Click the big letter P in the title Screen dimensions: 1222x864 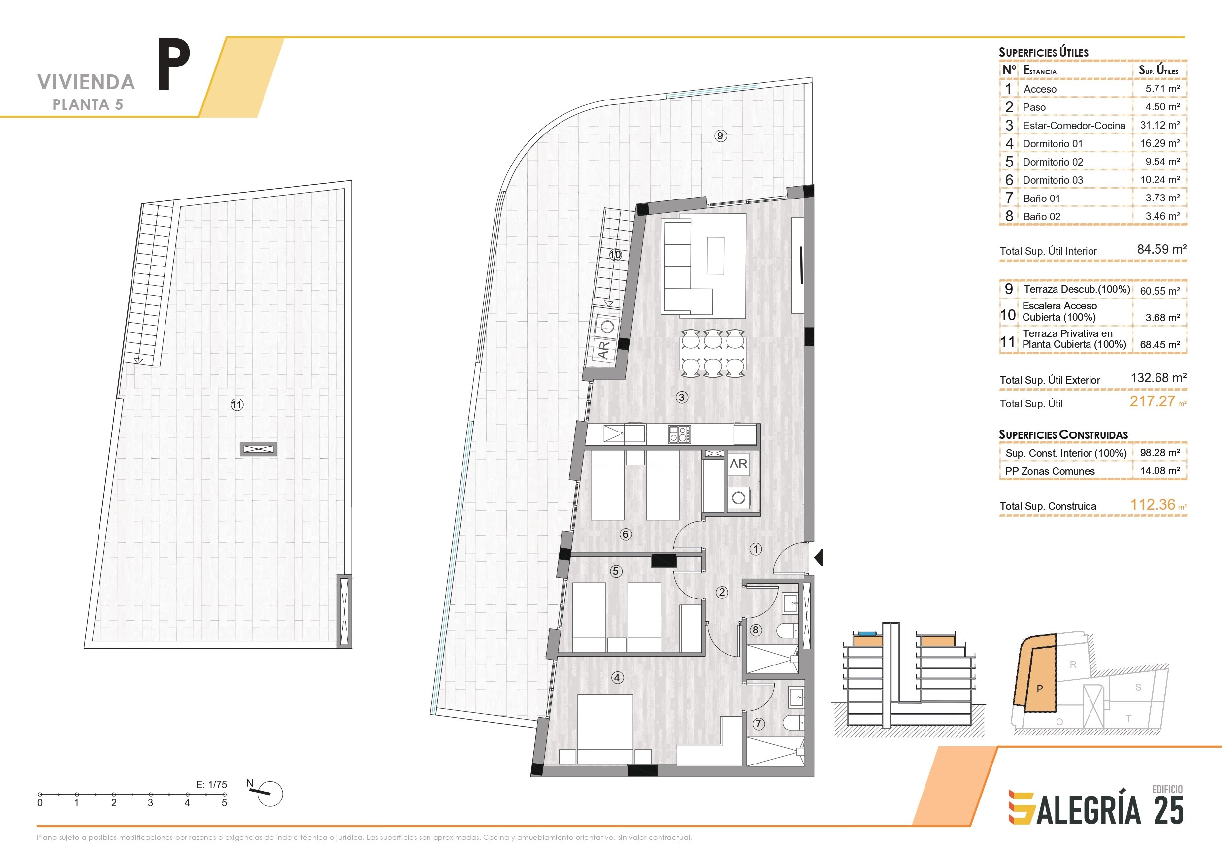coord(174,65)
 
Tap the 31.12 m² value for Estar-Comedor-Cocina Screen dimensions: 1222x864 coord(1160,125)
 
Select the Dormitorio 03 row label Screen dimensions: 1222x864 coord(1053,180)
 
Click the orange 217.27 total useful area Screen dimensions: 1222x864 coord(1152,401)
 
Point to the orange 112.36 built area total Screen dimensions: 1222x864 coord(1152,505)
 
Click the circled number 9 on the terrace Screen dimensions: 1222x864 coord(720,136)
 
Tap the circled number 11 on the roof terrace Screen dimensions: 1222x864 coord(237,404)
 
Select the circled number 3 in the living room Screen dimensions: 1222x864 coord(681,397)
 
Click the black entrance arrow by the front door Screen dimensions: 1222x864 coord(819,558)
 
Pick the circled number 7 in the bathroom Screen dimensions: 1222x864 coord(759,724)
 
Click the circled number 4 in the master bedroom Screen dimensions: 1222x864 coord(617,678)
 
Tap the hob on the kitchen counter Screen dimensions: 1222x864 coord(680,434)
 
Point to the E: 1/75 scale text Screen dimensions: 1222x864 coord(211,784)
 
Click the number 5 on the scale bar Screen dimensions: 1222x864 coord(224,803)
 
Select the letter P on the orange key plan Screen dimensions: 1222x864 coord(1039,689)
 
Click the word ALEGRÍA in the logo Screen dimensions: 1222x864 coord(1088,810)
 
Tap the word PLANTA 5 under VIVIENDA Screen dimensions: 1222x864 coord(88,105)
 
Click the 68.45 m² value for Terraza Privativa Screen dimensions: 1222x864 coord(1160,344)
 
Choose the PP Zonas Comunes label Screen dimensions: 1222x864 coord(1050,471)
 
